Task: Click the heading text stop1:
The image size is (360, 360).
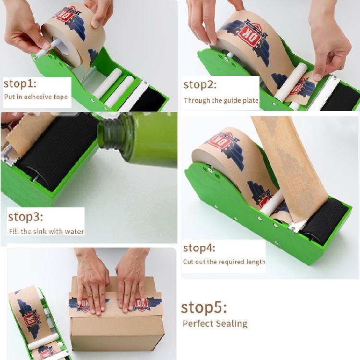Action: [20, 84]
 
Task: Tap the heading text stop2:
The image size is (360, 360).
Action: [200, 85]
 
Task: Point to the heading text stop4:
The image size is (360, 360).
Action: [199, 248]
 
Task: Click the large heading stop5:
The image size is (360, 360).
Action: [204, 307]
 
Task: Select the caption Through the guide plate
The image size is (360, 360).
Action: [221, 101]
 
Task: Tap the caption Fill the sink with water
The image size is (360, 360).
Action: [46, 231]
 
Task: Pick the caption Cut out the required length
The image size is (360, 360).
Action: [224, 262]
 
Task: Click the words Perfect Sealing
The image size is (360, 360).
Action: [215, 323]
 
